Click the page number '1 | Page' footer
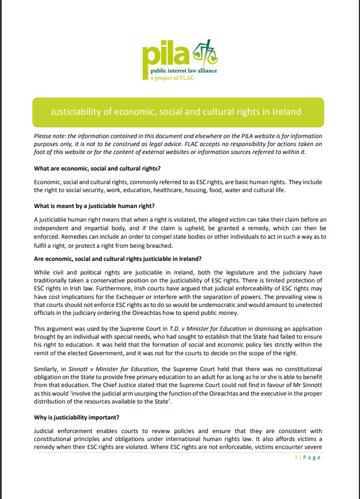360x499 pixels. [308, 458]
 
